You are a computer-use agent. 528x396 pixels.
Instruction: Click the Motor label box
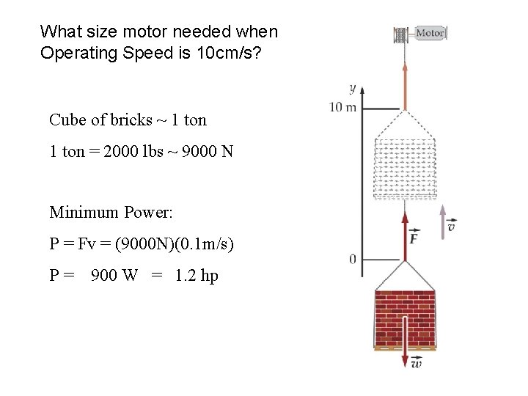tap(430, 33)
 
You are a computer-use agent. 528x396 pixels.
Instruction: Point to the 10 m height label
tap(342, 108)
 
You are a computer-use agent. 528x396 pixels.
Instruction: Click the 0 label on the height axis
tap(353, 259)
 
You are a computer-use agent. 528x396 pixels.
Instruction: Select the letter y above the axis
tap(353, 89)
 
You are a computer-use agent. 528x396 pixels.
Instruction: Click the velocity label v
tap(452, 227)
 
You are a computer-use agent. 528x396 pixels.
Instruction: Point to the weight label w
tap(417, 363)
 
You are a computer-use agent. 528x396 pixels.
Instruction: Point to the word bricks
tap(118, 120)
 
